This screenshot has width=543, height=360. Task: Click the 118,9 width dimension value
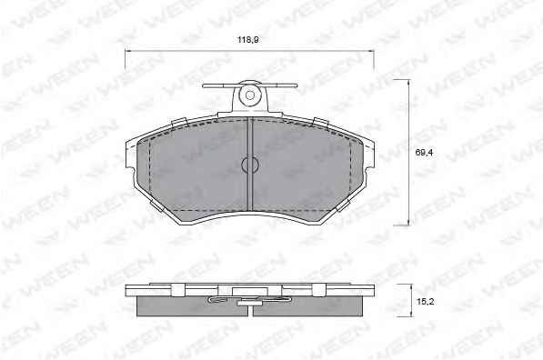pos(248,40)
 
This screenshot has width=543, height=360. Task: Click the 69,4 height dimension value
pos(424,153)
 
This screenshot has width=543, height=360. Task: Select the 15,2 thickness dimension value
pos(426,302)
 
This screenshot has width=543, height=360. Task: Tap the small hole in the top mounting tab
pos(250,95)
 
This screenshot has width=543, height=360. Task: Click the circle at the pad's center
pos(250,165)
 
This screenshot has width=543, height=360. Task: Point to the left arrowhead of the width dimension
pos(127,51)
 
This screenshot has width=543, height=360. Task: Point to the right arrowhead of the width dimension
pos(372,51)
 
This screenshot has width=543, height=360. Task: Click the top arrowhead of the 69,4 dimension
pos(409,82)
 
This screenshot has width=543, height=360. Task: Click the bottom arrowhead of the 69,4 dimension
pos(409,223)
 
